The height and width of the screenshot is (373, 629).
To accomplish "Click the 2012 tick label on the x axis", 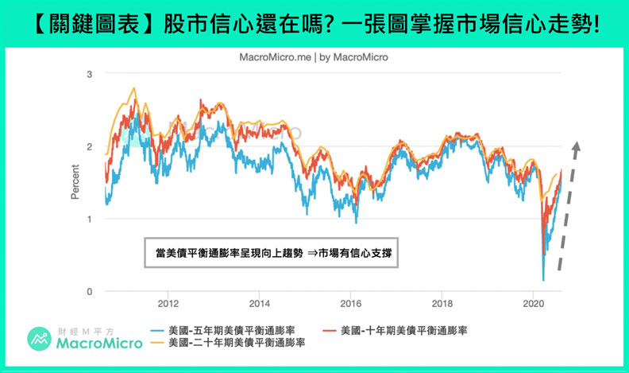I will point(168,304).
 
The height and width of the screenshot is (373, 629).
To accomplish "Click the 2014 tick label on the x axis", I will point(259,304).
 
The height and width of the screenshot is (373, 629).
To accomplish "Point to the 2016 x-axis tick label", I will point(350,304).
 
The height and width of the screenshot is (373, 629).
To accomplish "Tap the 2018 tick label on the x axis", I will point(442,304).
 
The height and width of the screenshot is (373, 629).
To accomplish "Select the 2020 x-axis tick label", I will point(534,304).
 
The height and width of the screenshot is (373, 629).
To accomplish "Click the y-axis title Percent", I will point(75,182).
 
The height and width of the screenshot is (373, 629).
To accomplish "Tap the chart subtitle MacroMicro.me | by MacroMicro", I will point(314,58).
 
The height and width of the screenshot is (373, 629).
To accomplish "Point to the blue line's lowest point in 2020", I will point(544,280).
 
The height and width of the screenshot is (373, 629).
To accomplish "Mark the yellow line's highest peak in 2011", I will point(133,88).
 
